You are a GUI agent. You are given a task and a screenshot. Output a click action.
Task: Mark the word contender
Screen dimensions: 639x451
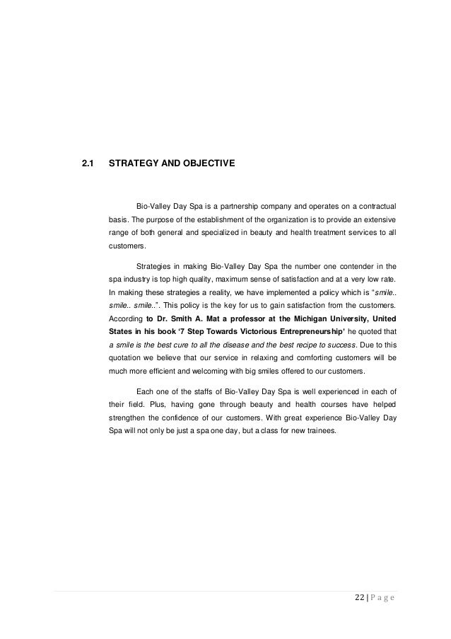click(x=347, y=266)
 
